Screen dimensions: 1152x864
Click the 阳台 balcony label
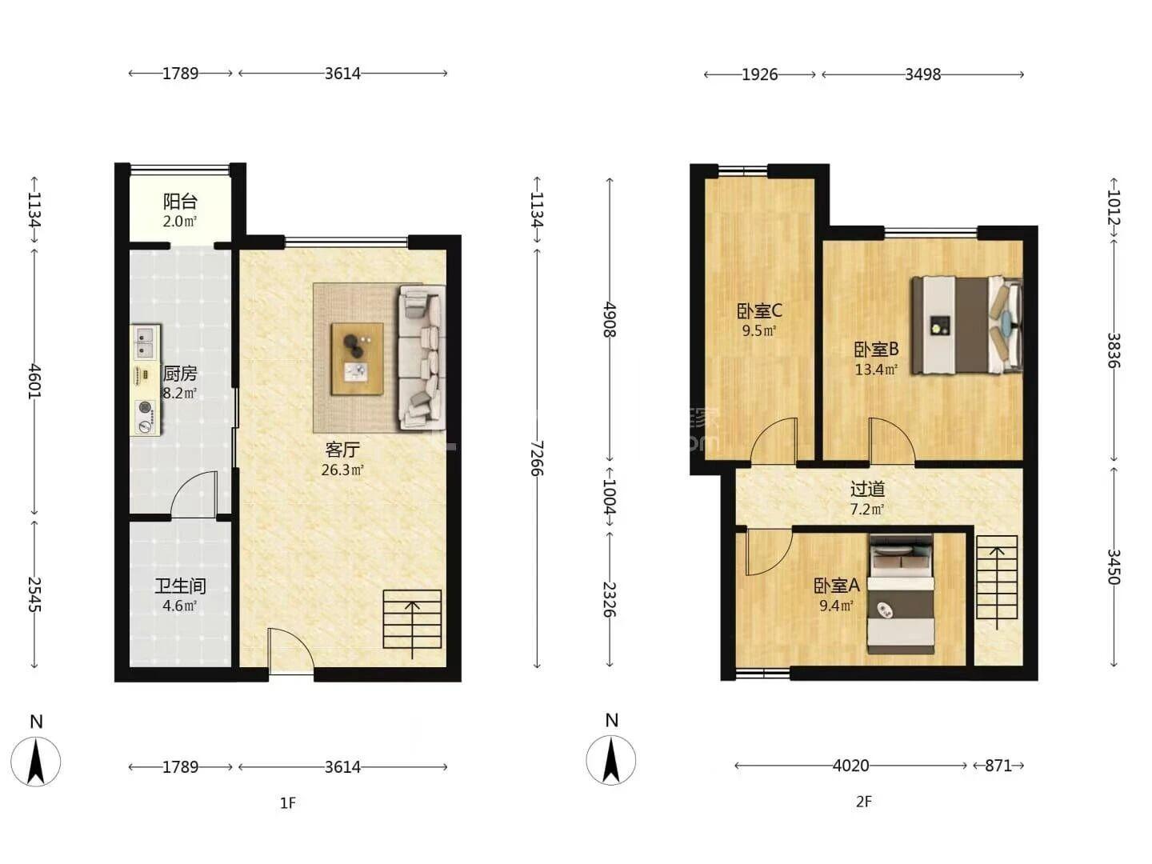180,201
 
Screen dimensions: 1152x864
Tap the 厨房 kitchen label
180,374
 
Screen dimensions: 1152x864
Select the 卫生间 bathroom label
180,586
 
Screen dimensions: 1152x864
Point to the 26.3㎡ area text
342,470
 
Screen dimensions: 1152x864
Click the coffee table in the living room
357,359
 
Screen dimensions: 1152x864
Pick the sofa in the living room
422,358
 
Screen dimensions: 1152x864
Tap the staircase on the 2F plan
997,582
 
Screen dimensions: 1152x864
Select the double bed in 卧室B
967,326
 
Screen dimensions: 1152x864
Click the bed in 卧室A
901,594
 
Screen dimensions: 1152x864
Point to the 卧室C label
759,311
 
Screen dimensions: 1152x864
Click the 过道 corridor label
867,489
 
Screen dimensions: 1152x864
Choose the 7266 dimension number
536,458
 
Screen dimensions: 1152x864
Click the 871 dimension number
998,766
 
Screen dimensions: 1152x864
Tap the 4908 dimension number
610,319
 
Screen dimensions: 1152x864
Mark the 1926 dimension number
759,74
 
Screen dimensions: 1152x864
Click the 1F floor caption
288,803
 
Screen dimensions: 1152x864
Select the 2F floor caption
863,802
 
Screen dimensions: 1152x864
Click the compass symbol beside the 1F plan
36,761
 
